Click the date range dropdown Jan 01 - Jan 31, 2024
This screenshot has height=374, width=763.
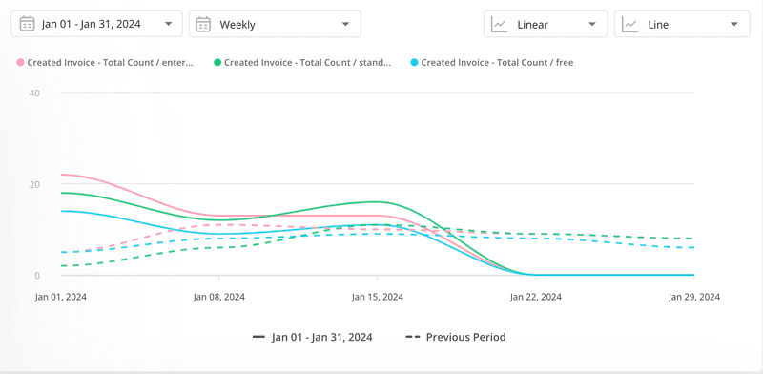96,24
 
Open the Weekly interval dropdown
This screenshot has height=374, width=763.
275,24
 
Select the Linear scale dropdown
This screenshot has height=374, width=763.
545,24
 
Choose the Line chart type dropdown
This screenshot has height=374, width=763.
681,24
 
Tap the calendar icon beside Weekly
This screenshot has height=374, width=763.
203,24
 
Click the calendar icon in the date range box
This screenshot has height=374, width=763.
27,24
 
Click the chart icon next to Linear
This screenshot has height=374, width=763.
499,24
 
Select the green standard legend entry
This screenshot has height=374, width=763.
302,63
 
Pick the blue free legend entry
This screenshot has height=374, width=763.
492,63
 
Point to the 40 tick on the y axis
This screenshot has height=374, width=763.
34,93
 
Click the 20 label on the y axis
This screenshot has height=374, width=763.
34,184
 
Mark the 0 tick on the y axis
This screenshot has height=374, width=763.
37,276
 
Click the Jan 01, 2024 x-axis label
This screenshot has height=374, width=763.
61,297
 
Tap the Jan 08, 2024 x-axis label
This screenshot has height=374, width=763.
219,297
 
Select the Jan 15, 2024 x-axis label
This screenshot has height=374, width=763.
378,297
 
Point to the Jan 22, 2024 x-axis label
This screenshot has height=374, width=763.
536,297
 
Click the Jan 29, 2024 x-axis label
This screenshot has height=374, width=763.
693,297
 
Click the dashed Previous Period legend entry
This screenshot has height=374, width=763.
456,337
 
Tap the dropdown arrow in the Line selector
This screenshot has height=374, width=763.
732,24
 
